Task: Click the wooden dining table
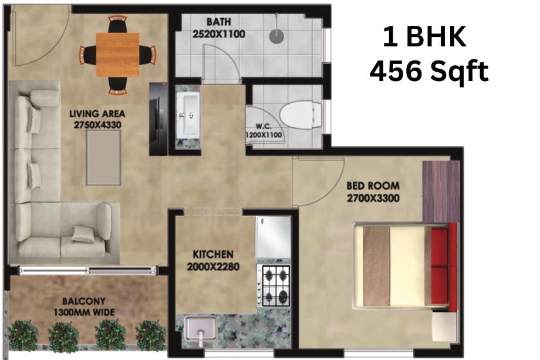tap(118, 55)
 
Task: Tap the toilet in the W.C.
tap(301, 114)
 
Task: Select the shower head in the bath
tap(276, 36)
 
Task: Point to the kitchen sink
tap(200, 328)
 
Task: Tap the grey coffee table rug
tap(103, 157)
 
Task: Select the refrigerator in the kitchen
tap(273, 237)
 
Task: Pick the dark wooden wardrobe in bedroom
tap(441, 191)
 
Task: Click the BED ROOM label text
tap(373, 186)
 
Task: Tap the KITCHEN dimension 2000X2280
tap(213, 267)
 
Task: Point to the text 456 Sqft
tap(428, 70)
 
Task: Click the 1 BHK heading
tap(424, 36)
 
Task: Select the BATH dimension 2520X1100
tap(219, 34)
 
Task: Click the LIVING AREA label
tap(97, 114)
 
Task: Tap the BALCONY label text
tap(84, 301)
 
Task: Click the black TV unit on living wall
tap(158, 119)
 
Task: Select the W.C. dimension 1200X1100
tap(264, 135)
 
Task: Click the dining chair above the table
tap(117, 25)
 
